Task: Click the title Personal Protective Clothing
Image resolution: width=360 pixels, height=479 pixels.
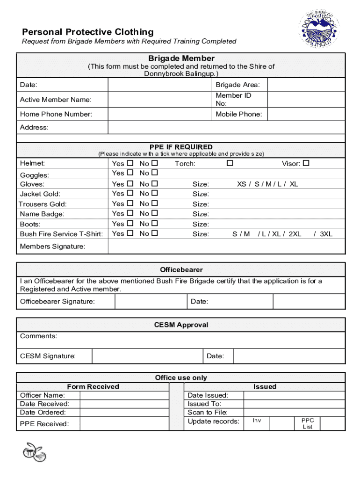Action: (x=88, y=32)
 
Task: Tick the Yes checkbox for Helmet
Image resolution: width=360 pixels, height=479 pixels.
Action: (x=130, y=163)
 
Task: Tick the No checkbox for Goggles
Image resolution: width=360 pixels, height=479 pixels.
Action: (x=155, y=173)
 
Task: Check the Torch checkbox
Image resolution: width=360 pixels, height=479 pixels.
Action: (x=230, y=163)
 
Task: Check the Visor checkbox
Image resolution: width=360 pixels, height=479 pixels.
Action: (x=306, y=163)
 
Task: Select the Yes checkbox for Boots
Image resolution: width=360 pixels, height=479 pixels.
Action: (x=130, y=224)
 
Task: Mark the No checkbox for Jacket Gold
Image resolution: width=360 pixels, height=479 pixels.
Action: (x=155, y=193)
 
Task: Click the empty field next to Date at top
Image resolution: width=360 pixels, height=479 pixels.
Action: (x=160, y=85)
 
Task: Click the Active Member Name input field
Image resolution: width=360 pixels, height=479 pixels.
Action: (x=160, y=99)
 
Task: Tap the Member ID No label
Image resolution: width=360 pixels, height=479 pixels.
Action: (x=233, y=99)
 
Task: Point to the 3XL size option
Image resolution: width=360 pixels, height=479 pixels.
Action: (x=325, y=234)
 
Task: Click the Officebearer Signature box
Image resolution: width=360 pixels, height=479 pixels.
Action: (x=151, y=302)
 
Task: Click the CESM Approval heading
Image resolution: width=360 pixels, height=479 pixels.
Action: (x=181, y=325)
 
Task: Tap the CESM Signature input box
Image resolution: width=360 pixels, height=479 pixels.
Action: (x=147, y=356)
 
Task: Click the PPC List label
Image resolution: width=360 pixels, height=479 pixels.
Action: (x=307, y=423)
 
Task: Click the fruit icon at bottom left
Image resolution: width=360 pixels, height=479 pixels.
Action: (x=34, y=452)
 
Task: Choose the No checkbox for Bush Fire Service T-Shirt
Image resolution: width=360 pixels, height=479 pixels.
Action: (x=155, y=233)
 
